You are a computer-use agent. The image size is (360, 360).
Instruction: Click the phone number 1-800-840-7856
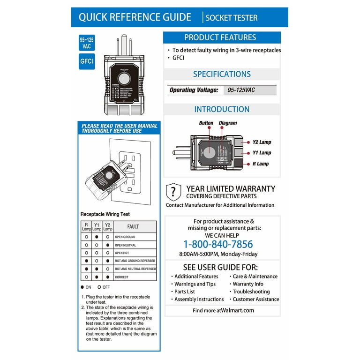tap(218, 244)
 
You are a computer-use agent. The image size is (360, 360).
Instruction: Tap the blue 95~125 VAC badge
tap(86, 43)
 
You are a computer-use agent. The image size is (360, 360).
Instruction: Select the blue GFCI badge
tap(86, 62)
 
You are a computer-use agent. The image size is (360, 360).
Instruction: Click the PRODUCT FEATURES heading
tap(220, 37)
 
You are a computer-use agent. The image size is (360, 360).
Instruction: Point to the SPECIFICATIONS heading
tap(222, 74)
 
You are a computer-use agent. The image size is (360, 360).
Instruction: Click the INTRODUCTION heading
tap(222, 109)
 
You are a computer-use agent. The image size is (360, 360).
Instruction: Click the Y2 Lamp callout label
tap(262, 142)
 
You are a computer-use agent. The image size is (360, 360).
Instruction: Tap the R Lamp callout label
tap(261, 164)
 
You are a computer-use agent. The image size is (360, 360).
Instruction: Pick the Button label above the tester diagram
tap(206, 123)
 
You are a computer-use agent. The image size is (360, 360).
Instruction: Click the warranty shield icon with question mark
tap(173, 191)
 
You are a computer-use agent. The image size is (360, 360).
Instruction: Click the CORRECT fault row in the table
tap(121, 277)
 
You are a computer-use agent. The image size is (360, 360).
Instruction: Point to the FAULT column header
tap(133, 226)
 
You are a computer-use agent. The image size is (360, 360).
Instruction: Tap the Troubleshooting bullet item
tap(251, 292)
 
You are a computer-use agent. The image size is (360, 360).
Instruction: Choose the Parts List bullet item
tap(185, 292)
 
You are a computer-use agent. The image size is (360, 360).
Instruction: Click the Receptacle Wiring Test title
tap(105, 214)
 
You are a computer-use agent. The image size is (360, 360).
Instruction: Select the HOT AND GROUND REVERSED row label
tap(135, 261)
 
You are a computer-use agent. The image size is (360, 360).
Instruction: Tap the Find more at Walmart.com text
tap(223, 310)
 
